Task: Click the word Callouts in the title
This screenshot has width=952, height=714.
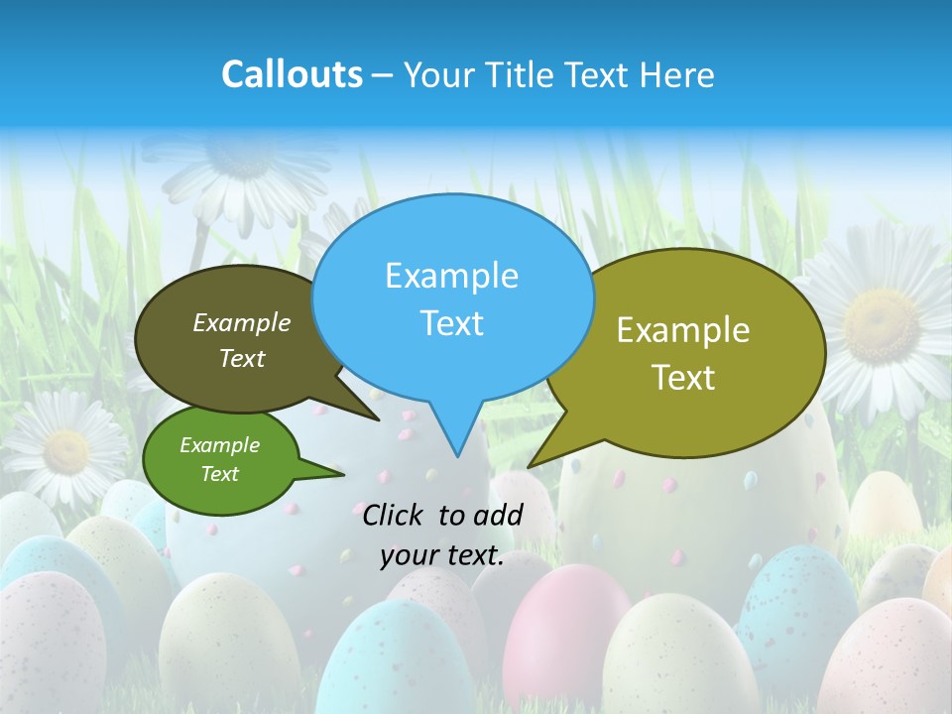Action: pos(292,74)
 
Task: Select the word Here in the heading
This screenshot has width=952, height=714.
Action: pos(679,74)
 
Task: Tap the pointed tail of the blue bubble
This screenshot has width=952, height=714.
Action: pos(457,451)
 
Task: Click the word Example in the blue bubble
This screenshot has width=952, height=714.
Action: pos(451,276)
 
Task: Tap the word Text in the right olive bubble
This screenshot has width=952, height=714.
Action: pos(683,377)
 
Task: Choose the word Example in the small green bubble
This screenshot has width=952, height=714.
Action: pos(219,445)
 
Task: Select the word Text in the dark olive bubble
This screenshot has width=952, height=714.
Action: pos(242,358)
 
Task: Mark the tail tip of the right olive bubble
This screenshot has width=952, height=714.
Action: pos(529,466)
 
